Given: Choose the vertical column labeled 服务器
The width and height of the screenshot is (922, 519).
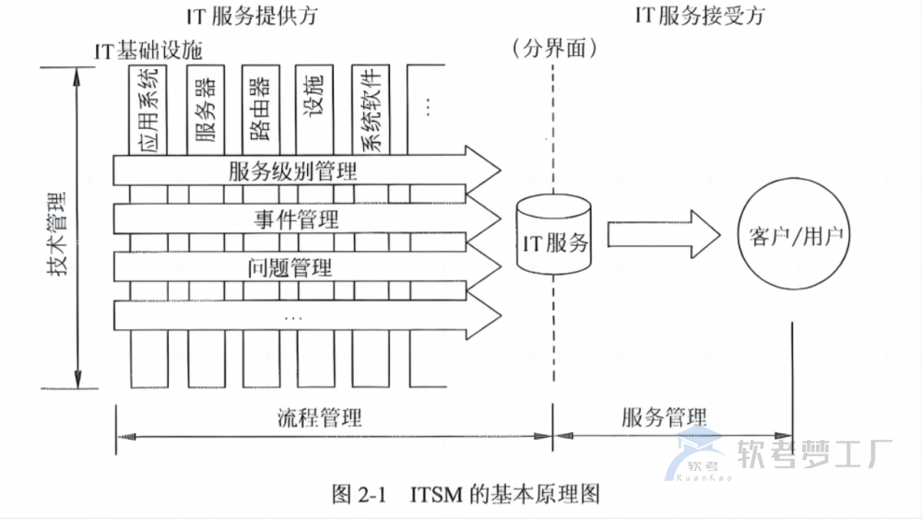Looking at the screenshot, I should [205, 109].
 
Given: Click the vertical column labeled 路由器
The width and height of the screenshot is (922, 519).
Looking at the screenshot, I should [259, 109].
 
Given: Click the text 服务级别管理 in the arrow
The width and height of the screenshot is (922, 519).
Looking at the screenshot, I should [292, 171].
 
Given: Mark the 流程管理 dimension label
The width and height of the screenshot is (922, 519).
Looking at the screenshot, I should [319, 417].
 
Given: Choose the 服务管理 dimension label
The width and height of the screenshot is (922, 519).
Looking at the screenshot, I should [665, 417].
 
